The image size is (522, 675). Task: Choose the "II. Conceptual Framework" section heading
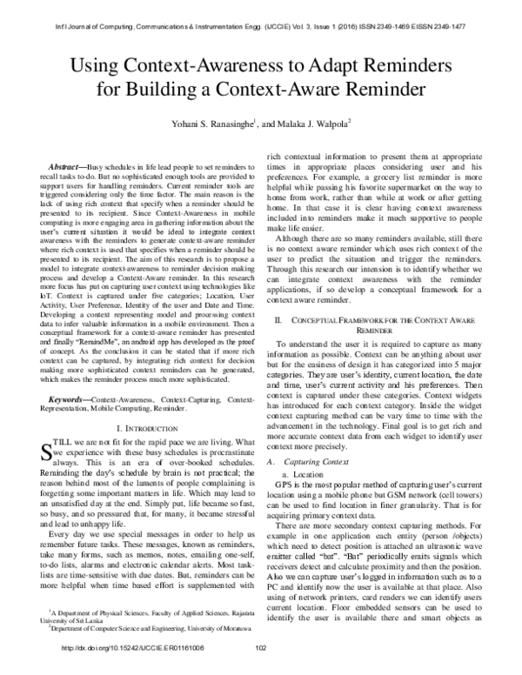pos(377,351)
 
